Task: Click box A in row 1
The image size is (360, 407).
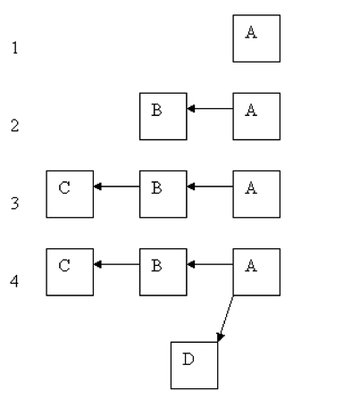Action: coord(256,38)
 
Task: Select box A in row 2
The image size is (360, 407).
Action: coord(256,116)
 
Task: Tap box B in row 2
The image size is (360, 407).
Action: coord(163,116)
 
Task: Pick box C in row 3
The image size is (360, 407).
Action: coord(70,194)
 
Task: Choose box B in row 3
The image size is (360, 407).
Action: coord(163,194)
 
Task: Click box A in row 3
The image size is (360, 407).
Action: coord(256,194)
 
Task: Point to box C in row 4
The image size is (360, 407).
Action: coord(70,271)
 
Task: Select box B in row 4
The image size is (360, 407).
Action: coord(163,271)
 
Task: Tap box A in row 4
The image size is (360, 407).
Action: coord(256,271)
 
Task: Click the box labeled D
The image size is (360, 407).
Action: coord(194,364)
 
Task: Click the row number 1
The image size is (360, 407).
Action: coord(13,48)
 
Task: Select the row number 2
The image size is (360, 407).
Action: coord(13,126)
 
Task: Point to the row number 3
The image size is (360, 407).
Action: coord(13,203)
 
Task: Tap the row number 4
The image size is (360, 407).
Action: coord(13,281)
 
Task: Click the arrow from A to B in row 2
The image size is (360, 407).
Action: coord(210,109)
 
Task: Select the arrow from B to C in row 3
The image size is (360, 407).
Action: coord(116,187)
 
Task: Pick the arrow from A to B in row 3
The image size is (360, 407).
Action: coord(210,187)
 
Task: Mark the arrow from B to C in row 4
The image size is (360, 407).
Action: coord(116,264)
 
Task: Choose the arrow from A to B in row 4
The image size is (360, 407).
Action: coord(210,264)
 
